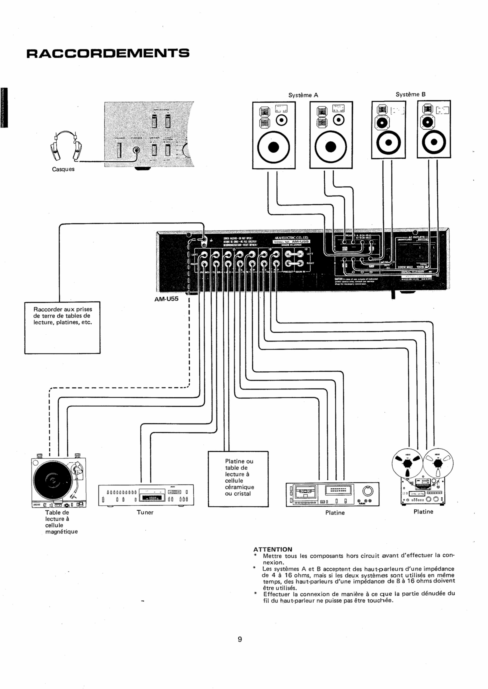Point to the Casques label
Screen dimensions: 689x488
63,169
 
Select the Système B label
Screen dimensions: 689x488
410,94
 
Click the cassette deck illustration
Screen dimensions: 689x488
332,494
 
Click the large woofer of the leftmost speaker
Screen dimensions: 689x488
273,147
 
